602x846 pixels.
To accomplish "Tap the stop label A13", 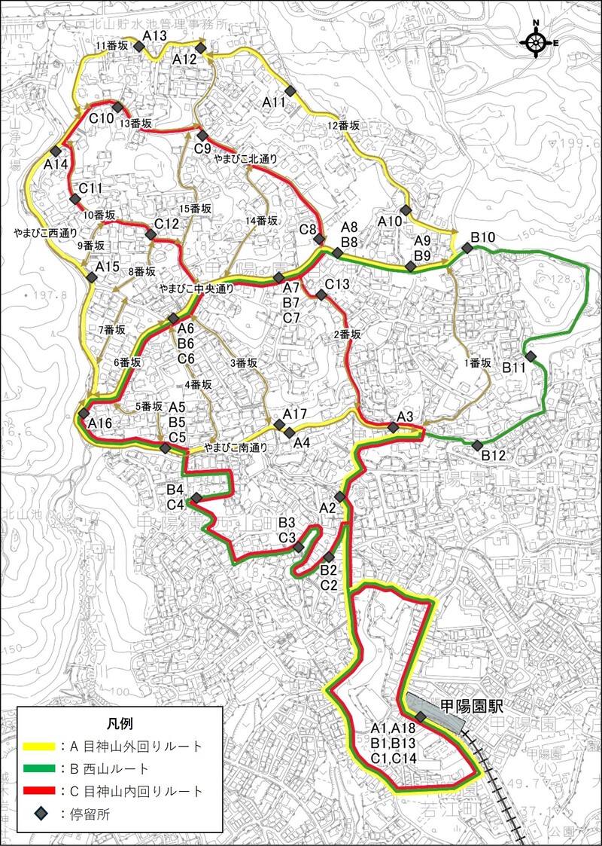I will tap(154, 36).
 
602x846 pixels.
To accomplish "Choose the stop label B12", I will tap(494, 455).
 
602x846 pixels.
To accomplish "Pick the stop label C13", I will tap(337, 284).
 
